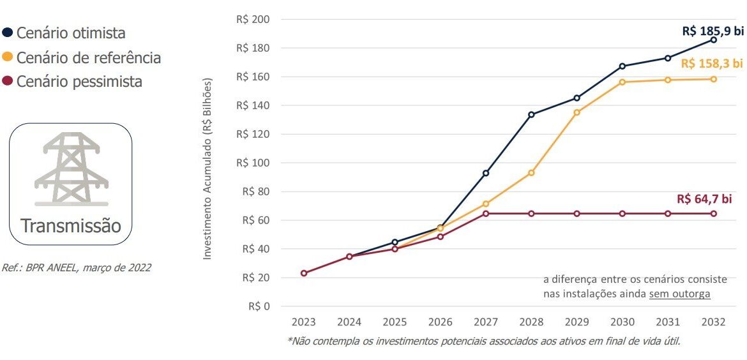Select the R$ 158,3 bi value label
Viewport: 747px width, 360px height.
point(712,63)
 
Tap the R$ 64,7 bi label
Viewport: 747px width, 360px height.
point(704,199)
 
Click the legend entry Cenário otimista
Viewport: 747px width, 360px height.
point(70,33)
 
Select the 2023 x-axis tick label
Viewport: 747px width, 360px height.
point(304,322)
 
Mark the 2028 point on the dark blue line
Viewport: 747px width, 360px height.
point(531,115)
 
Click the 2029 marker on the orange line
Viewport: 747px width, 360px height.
point(577,112)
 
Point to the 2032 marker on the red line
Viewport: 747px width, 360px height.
point(714,213)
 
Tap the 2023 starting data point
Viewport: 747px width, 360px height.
point(304,273)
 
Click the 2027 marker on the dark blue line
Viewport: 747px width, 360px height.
point(486,173)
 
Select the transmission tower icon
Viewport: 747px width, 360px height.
point(71,169)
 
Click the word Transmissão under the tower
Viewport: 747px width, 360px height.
point(71,225)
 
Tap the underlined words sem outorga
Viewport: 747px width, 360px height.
point(679,294)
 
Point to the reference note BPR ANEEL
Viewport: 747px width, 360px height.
point(77,268)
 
